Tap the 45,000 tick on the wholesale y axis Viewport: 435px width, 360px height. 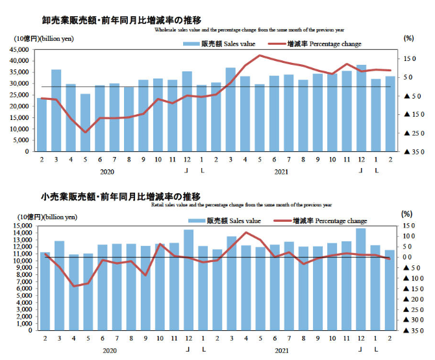[21, 49]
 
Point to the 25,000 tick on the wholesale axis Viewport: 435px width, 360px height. [21, 95]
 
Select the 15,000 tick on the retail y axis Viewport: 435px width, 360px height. [21, 226]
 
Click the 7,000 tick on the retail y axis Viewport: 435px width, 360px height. [22, 282]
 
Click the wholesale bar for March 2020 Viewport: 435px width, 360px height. [56, 110]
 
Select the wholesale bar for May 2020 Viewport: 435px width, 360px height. [86, 123]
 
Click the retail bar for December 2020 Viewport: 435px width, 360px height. [188, 280]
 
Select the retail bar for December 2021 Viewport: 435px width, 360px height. [361, 279]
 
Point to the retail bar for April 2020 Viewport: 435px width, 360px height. [73, 292]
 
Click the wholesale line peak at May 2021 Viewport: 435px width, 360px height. [260, 55]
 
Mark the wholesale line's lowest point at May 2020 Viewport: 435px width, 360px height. [86, 132]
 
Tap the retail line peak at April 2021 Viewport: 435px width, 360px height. [245, 232]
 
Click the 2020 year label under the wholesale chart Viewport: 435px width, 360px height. [107, 172]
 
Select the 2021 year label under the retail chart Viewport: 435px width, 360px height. [281, 350]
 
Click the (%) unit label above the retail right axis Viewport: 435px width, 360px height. [407, 213]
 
